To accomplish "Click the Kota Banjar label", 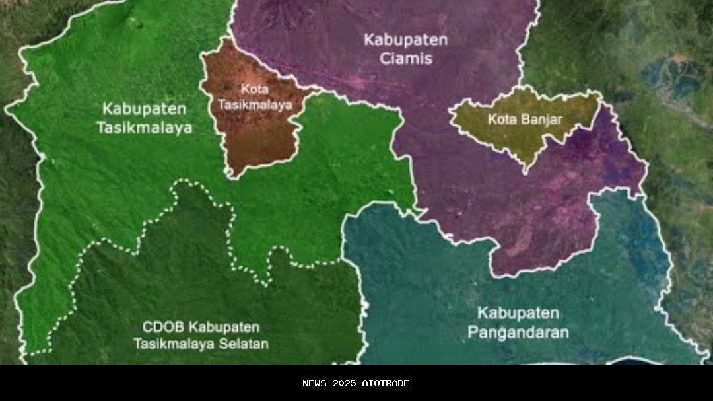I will pos(525,120).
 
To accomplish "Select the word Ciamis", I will pos(406,59).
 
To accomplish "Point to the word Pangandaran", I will pos(518,332).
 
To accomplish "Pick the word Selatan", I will pos(244,344).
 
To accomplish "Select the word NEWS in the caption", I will pos(315,383).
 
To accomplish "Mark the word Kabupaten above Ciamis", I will pos(406,40).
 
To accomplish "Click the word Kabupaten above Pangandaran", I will pos(518,312).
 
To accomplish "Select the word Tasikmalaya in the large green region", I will pos(145,128).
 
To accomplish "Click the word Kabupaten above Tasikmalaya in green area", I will pos(145,108).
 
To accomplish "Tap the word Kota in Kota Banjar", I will pos(501,120).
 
